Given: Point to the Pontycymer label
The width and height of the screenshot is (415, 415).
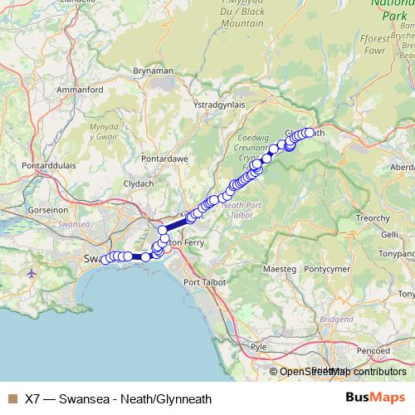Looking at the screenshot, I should coord(330,270).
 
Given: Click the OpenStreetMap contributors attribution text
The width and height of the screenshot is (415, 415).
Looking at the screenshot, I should coord(339,372).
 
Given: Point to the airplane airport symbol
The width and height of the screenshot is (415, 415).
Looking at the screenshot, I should coord(32,272).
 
